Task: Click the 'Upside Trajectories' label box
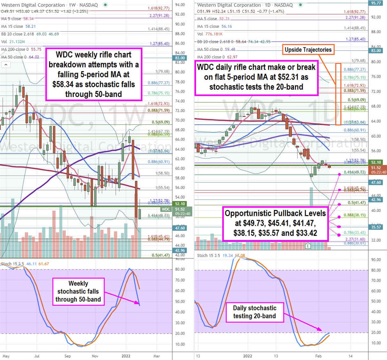click(x=308, y=50)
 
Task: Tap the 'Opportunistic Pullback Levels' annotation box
click(x=275, y=223)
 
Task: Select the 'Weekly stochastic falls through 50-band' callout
click(x=78, y=291)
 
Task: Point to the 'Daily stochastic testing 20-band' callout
click(x=254, y=312)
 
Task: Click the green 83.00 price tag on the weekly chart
click(x=180, y=58)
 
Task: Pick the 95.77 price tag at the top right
click(x=376, y=3)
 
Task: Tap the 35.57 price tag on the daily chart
click(x=376, y=227)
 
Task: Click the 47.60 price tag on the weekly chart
click(x=180, y=228)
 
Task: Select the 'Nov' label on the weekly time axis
click(x=95, y=356)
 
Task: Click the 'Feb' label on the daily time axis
click(x=319, y=356)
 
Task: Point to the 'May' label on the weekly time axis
click(x=6, y=356)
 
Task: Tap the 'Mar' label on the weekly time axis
click(x=156, y=356)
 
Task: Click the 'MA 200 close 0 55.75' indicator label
click(x=21, y=49)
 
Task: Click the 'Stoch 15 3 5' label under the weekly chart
click(x=13, y=264)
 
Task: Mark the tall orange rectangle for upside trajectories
click(x=338, y=94)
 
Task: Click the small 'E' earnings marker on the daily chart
click(x=308, y=246)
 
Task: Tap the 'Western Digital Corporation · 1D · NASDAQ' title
click(x=245, y=5)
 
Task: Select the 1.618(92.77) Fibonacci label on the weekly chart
click(x=158, y=8)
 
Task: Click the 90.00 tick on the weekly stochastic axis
click(x=180, y=259)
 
